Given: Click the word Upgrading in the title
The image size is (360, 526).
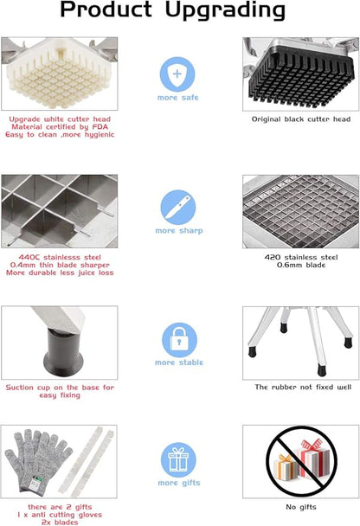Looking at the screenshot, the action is click(x=225, y=10).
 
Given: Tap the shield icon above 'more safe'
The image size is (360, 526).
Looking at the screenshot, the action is click(x=177, y=74).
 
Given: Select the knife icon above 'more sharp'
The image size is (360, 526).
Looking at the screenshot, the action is click(x=177, y=207).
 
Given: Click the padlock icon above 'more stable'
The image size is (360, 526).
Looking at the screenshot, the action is click(x=179, y=340).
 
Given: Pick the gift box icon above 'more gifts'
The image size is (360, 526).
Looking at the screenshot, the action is click(x=178, y=459).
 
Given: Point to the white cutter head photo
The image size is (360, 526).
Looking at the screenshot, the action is click(x=60, y=74).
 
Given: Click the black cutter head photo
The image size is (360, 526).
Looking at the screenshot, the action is click(x=300, y=74).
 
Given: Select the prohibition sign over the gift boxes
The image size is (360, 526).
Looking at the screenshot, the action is click(x=301, y=461).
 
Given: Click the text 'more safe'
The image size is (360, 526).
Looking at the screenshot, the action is click(x=177, y=98).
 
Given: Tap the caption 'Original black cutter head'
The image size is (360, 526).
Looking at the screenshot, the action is click(x=301, y=119).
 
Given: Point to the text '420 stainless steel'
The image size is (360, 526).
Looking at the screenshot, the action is click(x=301, y=257).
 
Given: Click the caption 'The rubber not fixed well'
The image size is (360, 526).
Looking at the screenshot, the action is click(x=303, y=387).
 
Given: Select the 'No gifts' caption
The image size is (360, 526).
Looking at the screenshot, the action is click(x=301, y=507).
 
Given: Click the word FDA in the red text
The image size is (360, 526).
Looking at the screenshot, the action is click(x=100, y=127).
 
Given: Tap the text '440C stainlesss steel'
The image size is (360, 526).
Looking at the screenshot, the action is click(x=60, y=257).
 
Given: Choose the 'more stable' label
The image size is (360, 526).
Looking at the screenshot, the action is click(x=179, y=362).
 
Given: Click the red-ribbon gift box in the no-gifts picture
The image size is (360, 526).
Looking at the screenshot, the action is click(x=312, y=459).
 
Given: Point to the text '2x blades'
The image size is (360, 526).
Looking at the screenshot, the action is click(x=60, y=523).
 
